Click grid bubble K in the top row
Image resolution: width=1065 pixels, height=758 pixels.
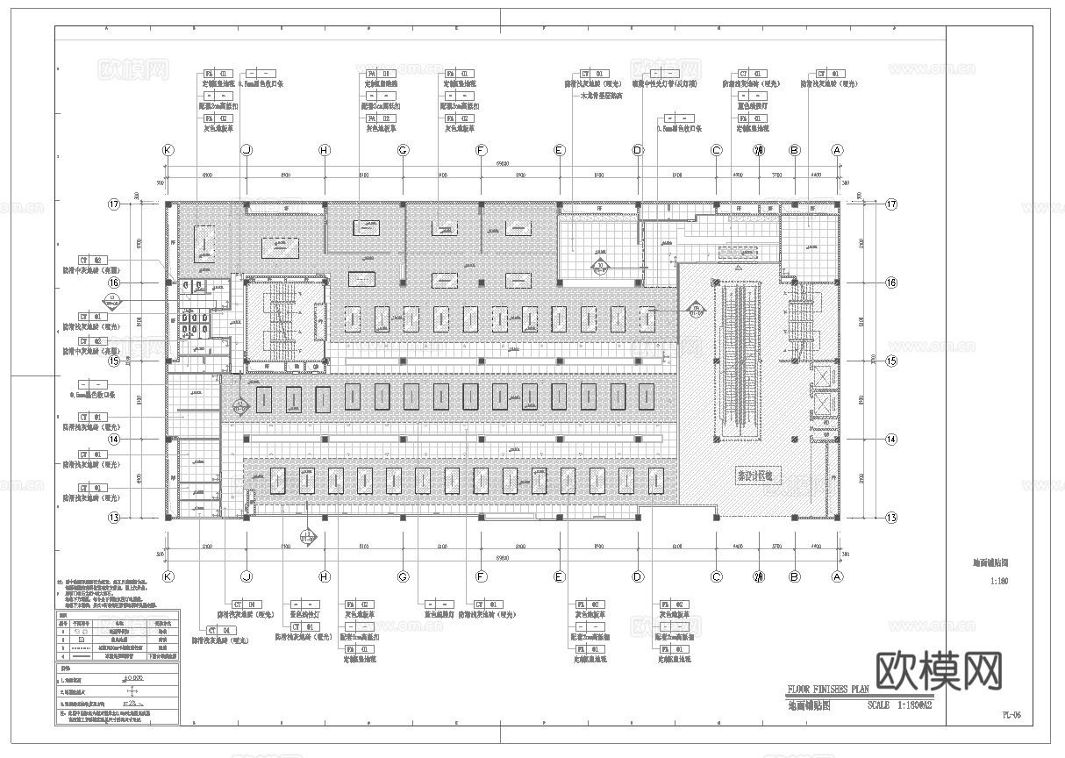pos(168,151)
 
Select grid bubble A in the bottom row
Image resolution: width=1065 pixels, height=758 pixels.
pos(837,576)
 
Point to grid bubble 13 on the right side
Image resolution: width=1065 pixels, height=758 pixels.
pos(891,518)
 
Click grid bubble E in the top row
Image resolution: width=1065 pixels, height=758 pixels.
pos(559,151)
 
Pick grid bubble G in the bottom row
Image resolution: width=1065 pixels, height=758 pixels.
pos(403,576)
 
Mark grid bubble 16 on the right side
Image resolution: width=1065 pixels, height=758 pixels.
pos(891,282)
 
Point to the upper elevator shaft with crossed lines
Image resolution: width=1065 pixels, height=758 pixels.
pos(823,376)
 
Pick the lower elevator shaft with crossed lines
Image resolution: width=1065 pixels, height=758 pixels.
pos(823,405)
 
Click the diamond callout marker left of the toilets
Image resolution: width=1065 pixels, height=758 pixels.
pos(114,301)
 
